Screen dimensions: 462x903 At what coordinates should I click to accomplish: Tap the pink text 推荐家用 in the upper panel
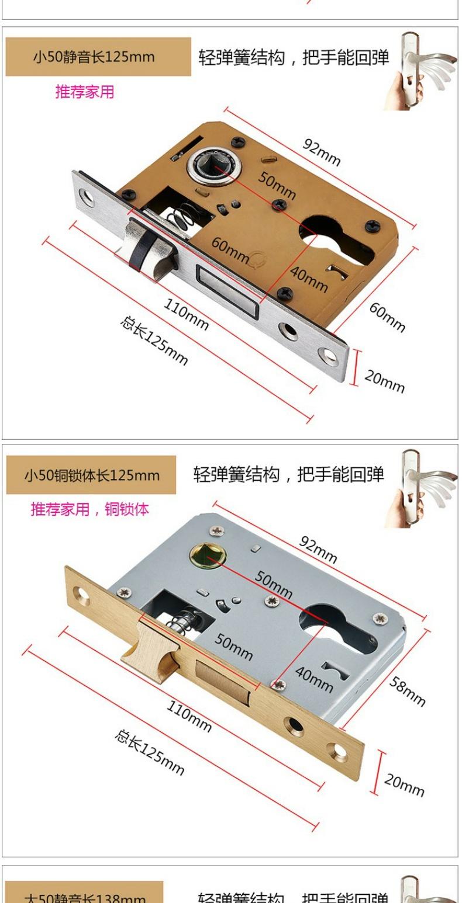pyautogui.click(x=85, y=92)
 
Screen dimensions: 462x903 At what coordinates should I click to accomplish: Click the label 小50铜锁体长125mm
pyautogui.click(x=91, y=474)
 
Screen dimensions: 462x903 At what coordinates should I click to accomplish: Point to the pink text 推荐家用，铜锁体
pyautogui.click(x=89, y=509)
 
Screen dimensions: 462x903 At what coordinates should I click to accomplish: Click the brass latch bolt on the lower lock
pyautogui.click(x=146, y=645)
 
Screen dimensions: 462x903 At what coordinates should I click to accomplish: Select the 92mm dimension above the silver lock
pyautogui.click(x=318, y=549)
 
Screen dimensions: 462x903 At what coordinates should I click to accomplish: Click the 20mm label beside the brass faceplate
pyautogui.click(x=404, y=784)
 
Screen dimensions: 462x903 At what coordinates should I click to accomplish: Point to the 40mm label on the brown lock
pyautogui.click(x=309, y=280)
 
